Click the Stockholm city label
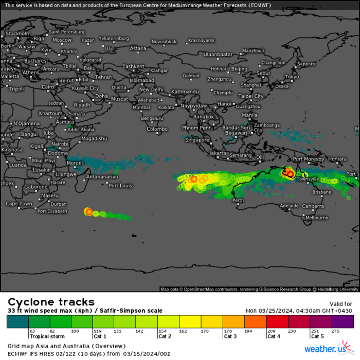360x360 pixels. click(x=18, y=33)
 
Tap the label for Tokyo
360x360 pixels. click(x=292, y=77)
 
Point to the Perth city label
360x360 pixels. click(x=238, y=200)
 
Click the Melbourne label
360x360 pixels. click(x=317, y=218)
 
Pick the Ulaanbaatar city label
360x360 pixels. click(x=219, y=54)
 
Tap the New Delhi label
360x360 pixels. click(x=151, y=89)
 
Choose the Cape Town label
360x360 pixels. click(x=19, y=204)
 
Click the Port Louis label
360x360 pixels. click(x=121, y=186)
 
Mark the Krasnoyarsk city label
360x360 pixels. click(x=201, y=40)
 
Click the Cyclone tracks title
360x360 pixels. click(x=51, y=302)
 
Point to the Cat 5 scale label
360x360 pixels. click(x=317, y=336)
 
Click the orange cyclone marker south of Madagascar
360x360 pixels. click(x=88, y=211)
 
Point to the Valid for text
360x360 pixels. click(x=340, y=304)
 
